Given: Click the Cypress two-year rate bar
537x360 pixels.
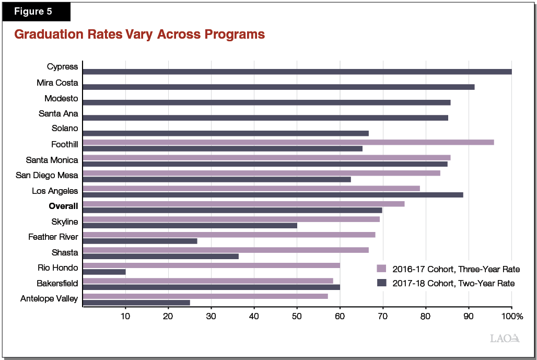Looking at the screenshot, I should point(297,72).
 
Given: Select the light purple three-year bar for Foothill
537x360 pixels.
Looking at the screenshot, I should point(288,142).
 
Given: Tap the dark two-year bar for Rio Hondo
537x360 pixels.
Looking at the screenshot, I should point(104,272).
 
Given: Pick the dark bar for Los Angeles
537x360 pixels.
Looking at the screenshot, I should point(273,195).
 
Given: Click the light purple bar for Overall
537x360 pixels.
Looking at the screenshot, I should point(243,203).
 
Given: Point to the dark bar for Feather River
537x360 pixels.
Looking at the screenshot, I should point(139,241).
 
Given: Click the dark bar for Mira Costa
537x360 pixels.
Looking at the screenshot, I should point(278,87).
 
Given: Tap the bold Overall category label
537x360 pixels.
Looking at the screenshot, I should point(63,206).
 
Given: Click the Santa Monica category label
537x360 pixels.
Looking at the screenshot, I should point(52,160).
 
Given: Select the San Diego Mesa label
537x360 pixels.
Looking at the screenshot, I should point(47,176).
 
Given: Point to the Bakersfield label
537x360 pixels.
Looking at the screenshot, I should point(57,283).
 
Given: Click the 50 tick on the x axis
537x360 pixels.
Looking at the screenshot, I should point(297,316).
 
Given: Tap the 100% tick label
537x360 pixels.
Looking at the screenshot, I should point(512,316).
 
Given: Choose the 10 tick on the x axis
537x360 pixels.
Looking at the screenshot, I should point(125,316).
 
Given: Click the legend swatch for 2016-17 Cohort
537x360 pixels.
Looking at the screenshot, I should point(381,269).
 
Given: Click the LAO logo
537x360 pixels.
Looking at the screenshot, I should point(505,338).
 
